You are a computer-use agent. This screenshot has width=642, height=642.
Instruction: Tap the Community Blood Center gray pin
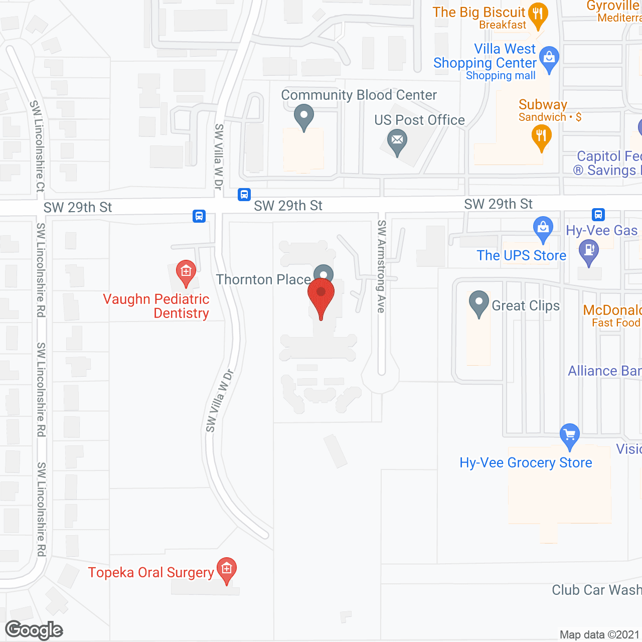coord(303,116)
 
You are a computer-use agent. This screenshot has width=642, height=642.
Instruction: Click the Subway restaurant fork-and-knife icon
coord(541,136)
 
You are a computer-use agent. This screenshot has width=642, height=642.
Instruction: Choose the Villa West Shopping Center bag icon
coord(549,59)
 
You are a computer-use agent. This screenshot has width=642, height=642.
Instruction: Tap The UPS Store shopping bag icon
coord(543,228)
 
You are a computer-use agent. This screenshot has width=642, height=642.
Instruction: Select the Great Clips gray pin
coord(479,303)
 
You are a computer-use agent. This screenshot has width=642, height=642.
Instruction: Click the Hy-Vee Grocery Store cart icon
coord(569,434)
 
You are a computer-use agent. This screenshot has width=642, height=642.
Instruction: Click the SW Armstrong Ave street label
coord(381,266)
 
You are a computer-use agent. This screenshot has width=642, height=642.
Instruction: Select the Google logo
coord(34,630)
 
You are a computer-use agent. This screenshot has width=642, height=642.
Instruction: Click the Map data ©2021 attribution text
coord(599,635)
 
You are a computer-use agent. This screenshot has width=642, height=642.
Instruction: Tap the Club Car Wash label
coord(596,590)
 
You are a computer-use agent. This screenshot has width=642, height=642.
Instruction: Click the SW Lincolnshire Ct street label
coord(38,146)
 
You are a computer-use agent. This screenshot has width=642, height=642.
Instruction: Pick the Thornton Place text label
coord(263,279)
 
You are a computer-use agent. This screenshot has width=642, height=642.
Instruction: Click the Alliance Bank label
coord(604,371)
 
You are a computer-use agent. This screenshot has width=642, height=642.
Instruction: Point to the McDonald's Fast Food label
coord(612,315)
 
